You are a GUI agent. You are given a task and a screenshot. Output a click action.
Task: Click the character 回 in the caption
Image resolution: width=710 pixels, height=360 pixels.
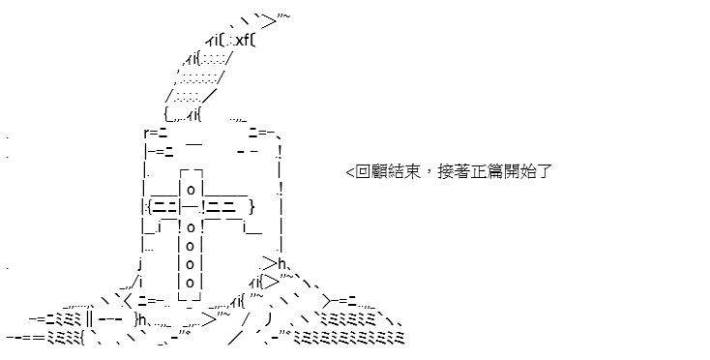coord(363,172)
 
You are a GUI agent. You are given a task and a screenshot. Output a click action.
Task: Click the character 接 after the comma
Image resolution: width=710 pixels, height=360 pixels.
coord(446,172)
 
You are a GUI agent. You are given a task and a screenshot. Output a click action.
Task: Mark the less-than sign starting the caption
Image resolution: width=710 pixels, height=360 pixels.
coord(350,172)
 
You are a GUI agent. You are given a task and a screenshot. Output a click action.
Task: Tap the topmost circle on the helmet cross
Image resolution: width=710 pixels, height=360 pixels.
coord(191,190)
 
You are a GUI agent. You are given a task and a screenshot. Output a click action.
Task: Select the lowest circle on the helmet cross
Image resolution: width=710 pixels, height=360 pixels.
coord(191,283)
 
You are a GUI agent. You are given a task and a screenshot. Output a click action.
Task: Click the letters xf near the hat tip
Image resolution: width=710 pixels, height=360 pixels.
coord(243,40)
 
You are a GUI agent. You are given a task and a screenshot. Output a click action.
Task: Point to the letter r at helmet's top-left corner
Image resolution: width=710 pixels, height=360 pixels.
coord(147,134)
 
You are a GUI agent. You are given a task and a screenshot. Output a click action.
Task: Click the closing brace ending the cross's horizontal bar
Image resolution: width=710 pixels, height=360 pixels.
coord(251,207)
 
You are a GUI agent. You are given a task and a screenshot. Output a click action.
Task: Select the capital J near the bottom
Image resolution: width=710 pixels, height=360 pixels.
coord(269,319)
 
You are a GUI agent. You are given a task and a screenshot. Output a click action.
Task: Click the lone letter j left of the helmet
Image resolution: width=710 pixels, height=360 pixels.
coord(141,263)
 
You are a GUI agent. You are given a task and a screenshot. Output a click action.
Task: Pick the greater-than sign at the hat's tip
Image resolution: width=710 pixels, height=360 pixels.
coord(269,21)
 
